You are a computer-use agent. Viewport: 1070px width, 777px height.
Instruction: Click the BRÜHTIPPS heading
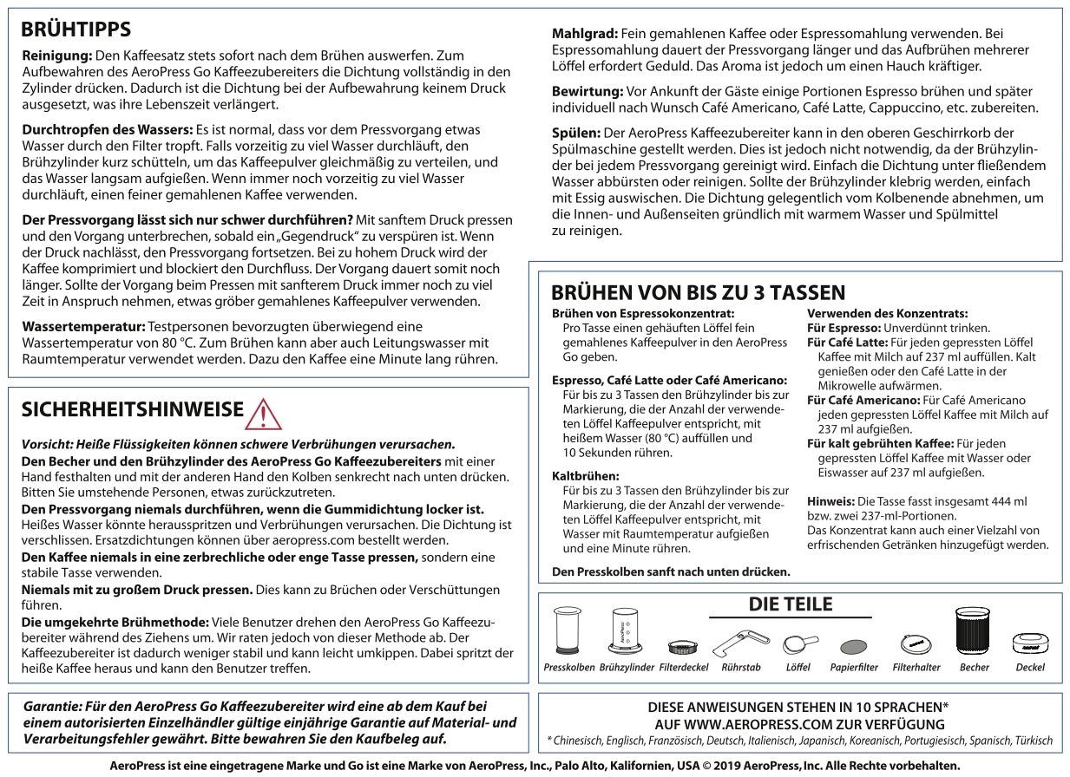[x=75, y=29]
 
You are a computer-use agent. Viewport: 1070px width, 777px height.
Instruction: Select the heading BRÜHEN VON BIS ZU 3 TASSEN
[x=698, y=292]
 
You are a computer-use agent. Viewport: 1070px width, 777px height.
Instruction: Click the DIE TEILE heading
[x=790, y=604]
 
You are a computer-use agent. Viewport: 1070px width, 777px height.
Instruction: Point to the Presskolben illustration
[x=568, y=630]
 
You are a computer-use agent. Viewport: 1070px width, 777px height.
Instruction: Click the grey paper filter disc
[x=854, y=647]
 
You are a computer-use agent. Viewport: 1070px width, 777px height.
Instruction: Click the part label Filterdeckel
[x=685, y=668]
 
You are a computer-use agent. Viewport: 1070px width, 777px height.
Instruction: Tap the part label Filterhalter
[x=916, y=668]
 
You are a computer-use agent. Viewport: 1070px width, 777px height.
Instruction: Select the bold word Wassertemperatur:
[x=83, y=327]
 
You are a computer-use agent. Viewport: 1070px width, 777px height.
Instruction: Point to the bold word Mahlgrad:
[x=583, y=34]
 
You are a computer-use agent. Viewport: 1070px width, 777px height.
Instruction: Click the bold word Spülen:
[x=576, y=133]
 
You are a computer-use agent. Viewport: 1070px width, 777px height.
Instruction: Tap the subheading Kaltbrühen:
[x=586, y=476]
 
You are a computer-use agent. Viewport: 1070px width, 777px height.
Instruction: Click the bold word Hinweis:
[x=830, y=501]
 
